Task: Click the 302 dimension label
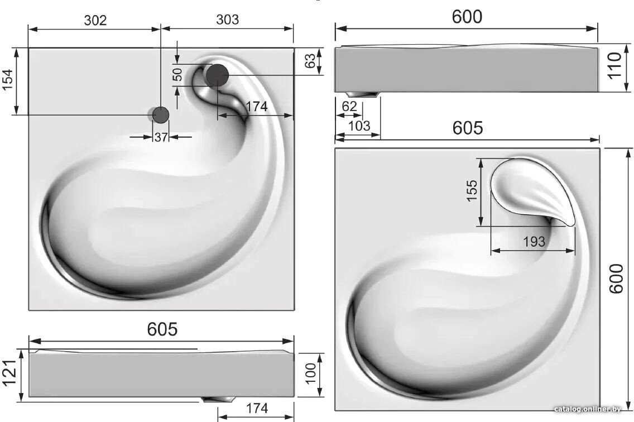pos(95,20)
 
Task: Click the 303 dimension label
pos(227,20)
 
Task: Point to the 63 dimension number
pos(310,61)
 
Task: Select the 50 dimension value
pos(177,74)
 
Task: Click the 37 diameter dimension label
pos(161,137)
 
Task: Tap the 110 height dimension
pos(614,66)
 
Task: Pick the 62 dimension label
pos(349,107)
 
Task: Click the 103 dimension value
pos(359,126)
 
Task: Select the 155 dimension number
pos(472,190)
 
